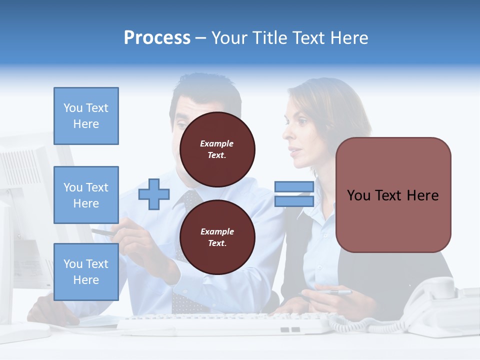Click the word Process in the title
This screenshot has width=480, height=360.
(x=157, y=38)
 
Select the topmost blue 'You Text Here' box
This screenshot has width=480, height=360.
(x=86, y=116)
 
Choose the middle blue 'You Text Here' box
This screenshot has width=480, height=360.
(x=86, y=195)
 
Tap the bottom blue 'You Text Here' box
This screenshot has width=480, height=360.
(x=86, y=271)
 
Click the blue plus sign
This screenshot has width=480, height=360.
(x=154, y=193)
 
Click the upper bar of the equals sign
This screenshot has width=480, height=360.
(x=294, y=186)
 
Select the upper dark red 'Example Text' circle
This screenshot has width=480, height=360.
(x=217, y=149)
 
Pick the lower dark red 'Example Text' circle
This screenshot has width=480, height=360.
(x=217, y=237)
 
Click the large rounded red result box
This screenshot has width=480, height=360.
(x=393, y=195)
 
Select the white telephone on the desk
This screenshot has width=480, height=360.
(x=440, y=305)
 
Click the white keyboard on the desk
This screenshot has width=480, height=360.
(x=225, y=322)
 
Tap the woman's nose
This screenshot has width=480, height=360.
(x=286, y=133)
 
